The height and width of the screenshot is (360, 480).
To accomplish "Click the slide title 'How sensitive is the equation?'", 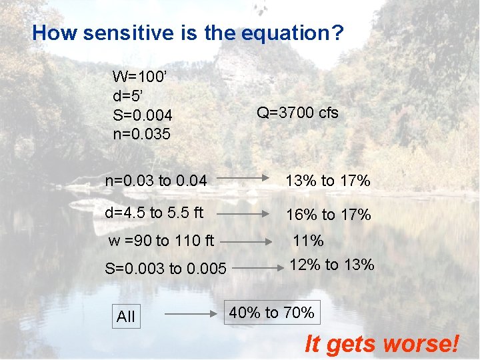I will (188, 33).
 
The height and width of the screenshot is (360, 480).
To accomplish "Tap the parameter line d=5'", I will (129, 96).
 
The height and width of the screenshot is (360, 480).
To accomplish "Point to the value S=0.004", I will (143, 115).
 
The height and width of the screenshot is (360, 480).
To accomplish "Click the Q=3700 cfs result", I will (297, 113).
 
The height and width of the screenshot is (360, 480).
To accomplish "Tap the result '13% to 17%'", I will (328, 181).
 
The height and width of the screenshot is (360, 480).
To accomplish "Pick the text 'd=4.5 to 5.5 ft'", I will (154, 213).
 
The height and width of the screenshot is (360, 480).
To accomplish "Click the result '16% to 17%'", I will (328, 215).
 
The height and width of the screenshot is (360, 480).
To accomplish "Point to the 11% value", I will (307, 241).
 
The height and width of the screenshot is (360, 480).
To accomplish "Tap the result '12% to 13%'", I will (331, 265).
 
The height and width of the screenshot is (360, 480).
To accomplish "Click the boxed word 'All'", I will (125, 317).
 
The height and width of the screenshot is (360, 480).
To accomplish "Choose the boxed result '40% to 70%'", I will (271, 312).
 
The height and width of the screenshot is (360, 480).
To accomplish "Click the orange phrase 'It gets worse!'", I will (382, 344).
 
